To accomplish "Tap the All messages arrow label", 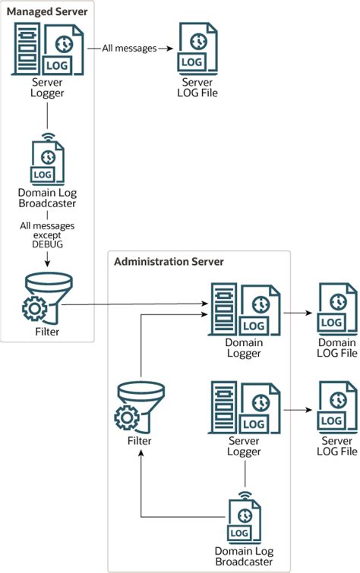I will pos(129,48).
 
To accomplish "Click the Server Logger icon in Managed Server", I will pos(46,48).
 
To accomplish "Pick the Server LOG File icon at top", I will pos(194,48).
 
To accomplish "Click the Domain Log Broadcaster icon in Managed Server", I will pos(47,160).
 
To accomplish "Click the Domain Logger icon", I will pos(244,310).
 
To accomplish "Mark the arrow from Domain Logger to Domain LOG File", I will pos(298,311).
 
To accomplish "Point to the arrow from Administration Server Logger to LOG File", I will pos(298,410).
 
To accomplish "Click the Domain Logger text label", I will pos(244,348).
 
